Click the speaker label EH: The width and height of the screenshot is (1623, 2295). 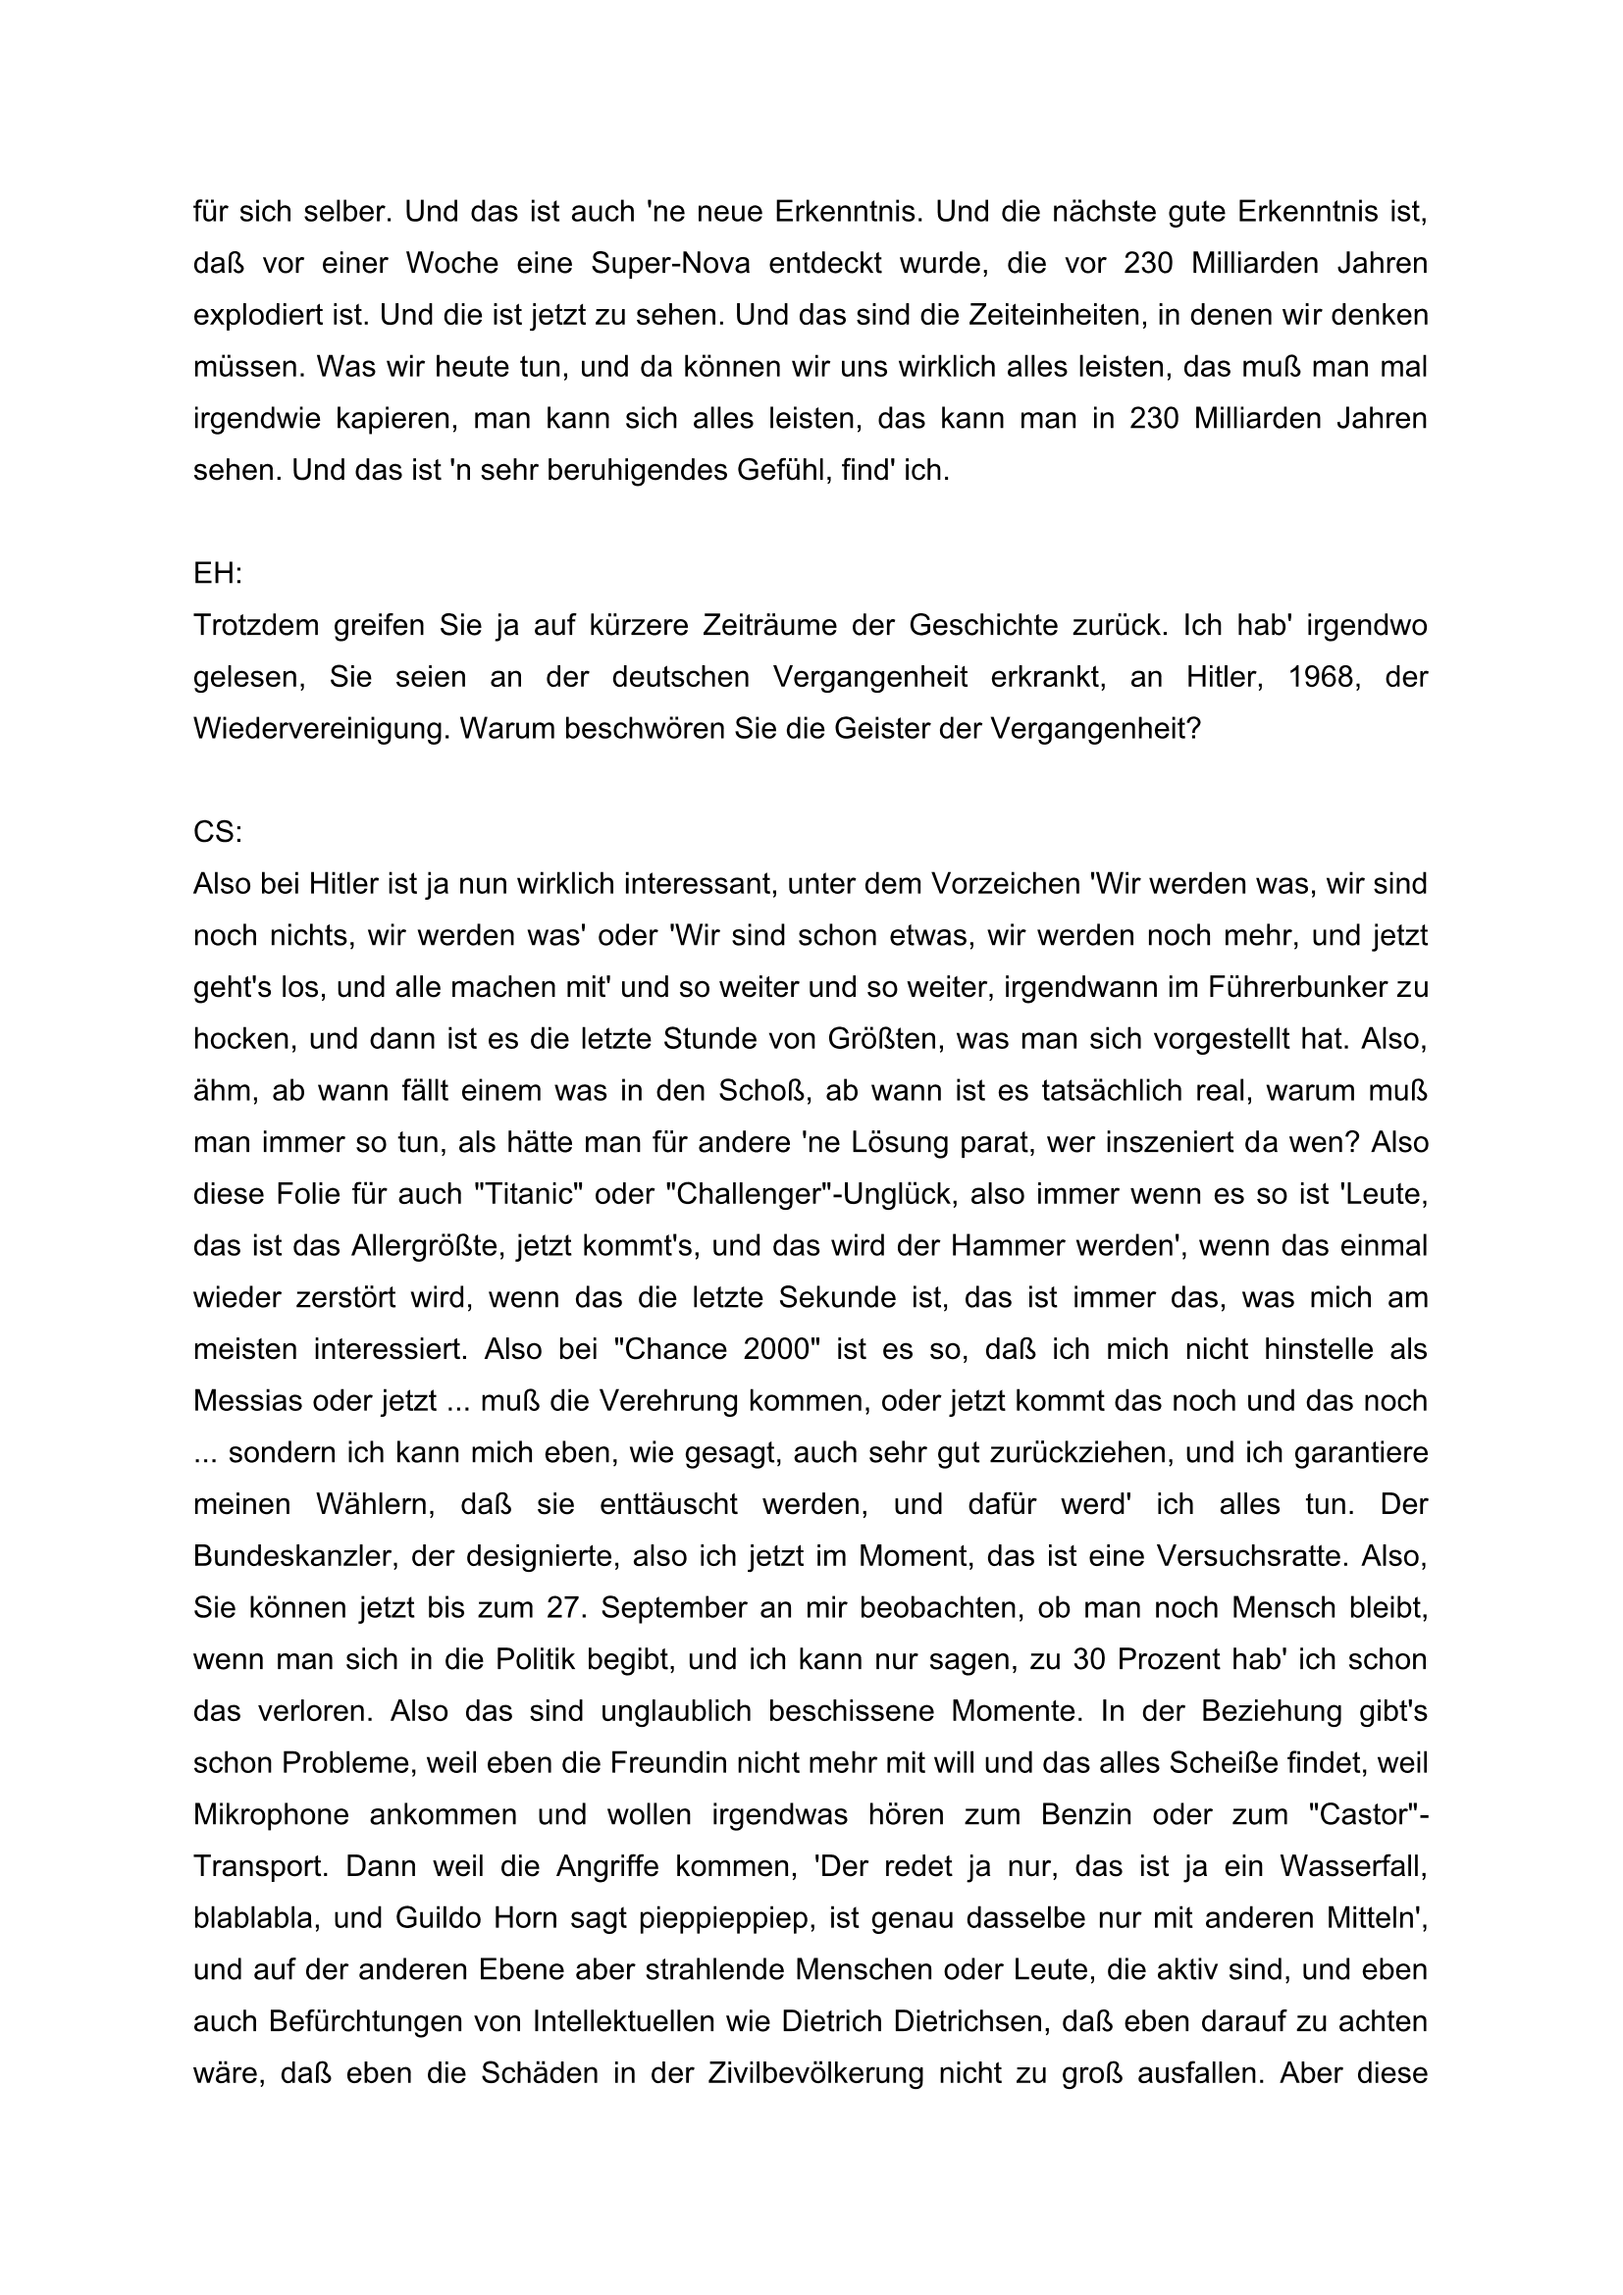click(218, 574)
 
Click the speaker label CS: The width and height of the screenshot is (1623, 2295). click(218, 832)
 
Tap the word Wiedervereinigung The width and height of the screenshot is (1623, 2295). click(319, 729)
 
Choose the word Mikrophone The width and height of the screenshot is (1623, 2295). click(271, 1814)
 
